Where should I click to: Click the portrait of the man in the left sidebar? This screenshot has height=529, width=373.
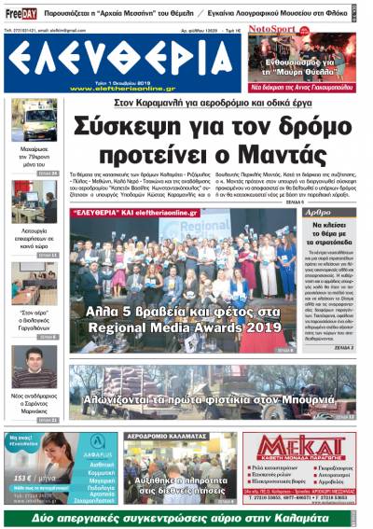click(34, 368)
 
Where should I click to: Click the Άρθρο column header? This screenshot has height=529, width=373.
click(320, 212)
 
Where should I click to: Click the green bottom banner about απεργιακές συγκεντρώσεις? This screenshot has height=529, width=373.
click(186, 516)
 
